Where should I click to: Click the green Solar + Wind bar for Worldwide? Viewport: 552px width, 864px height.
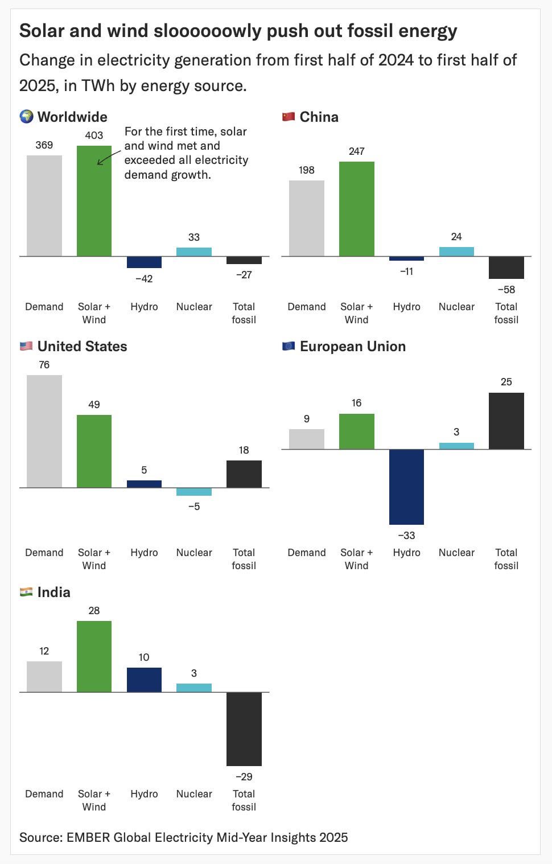point(94,201)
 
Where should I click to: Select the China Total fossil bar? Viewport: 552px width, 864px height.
point(506,268)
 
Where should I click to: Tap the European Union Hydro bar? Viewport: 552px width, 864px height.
point(406,487)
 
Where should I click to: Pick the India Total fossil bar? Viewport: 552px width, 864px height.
point(244,729)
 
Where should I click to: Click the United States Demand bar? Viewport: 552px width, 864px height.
point(44,431)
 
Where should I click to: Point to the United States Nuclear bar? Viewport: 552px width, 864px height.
point(194,492)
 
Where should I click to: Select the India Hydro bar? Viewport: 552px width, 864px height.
point(144,680)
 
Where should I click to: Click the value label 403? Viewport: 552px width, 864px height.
point(94,135)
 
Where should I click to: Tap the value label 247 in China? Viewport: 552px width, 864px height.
point(356,151)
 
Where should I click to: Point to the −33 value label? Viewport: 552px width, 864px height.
point(406,536)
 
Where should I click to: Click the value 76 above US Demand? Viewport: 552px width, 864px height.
point(44,365)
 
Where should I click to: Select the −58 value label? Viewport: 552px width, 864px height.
point(506,290)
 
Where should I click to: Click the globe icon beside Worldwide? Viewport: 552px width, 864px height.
point(26,117)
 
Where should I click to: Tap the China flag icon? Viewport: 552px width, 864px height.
point(289,117)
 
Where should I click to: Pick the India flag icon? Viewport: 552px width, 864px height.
point(26,592)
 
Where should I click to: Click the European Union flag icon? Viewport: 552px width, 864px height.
point(289,346)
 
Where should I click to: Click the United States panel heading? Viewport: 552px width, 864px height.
point(82,346)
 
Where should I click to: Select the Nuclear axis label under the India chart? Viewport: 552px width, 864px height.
point(194,794)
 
